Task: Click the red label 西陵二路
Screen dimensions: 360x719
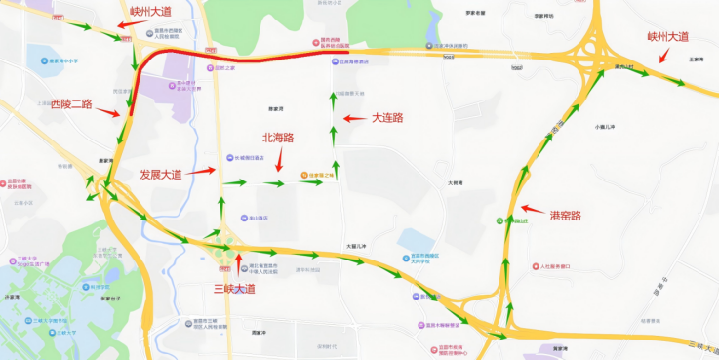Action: coord(71,104)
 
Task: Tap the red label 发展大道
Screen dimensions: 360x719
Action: coord(161,175)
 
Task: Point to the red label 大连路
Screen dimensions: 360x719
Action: coord(388,117)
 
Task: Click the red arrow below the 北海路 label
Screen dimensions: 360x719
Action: coord(281,158)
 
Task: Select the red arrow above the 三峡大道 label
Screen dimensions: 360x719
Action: coord(236,263)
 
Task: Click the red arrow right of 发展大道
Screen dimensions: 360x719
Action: coord(200,171)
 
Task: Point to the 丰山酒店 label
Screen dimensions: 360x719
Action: coord(257,219)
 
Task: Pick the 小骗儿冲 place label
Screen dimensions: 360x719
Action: coord(606,127)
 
